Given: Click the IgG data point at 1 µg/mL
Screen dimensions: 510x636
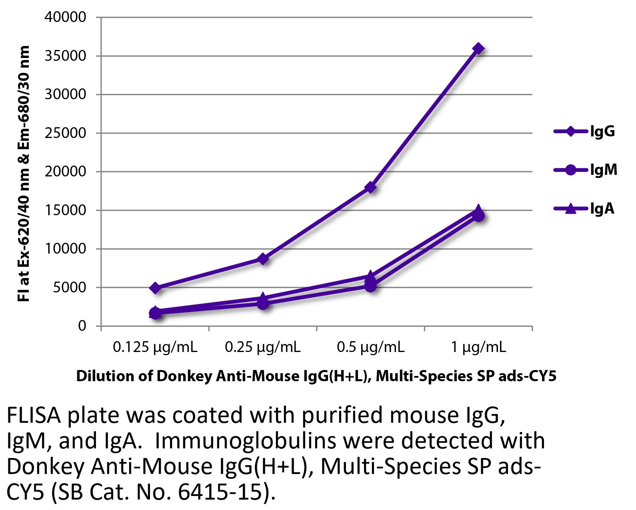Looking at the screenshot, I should point(478,48).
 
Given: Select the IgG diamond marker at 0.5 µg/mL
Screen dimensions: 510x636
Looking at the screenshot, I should point(371,187).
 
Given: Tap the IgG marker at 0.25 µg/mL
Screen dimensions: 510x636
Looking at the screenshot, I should point(263,259).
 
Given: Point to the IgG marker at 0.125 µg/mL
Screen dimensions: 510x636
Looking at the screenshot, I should point(156,288).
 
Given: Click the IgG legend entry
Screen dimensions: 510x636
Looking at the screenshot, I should point(584,131).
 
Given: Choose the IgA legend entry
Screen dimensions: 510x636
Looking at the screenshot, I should point(584,208).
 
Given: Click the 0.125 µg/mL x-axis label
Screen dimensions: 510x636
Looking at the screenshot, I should point(155,347).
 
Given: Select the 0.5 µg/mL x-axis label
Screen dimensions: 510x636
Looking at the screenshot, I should point(371,347).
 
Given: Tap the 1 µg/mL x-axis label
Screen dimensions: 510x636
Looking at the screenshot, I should point(478,347).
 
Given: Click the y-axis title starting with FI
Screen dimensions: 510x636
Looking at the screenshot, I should point(24,174).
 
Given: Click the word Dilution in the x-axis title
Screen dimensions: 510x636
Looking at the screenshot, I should point(102,376).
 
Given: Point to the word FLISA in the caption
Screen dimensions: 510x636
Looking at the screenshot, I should point(34,416).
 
